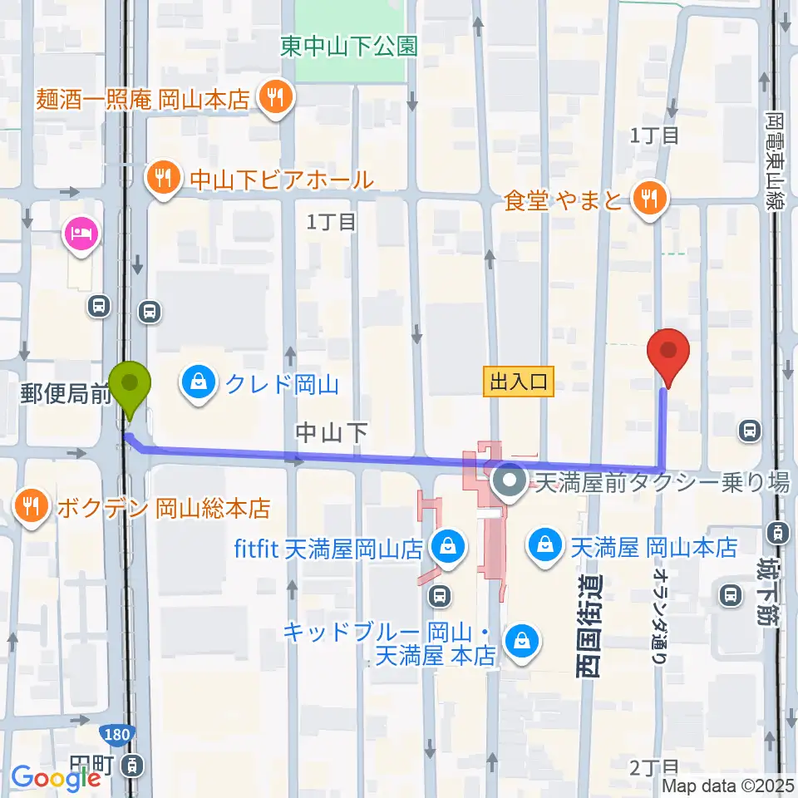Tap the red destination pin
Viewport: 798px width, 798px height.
click(x=670, y=352)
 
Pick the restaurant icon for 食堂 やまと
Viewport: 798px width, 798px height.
click(x=647, y=199)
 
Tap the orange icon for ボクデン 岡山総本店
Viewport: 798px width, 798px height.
click(x=32, y=506)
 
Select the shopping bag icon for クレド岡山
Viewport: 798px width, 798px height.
click(x=199, y=385)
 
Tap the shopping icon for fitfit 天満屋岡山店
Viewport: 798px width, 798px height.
click(x=448, y=549)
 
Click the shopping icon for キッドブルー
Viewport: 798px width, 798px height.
click(x=522, y=642)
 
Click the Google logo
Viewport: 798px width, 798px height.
click(x=55, y=777)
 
